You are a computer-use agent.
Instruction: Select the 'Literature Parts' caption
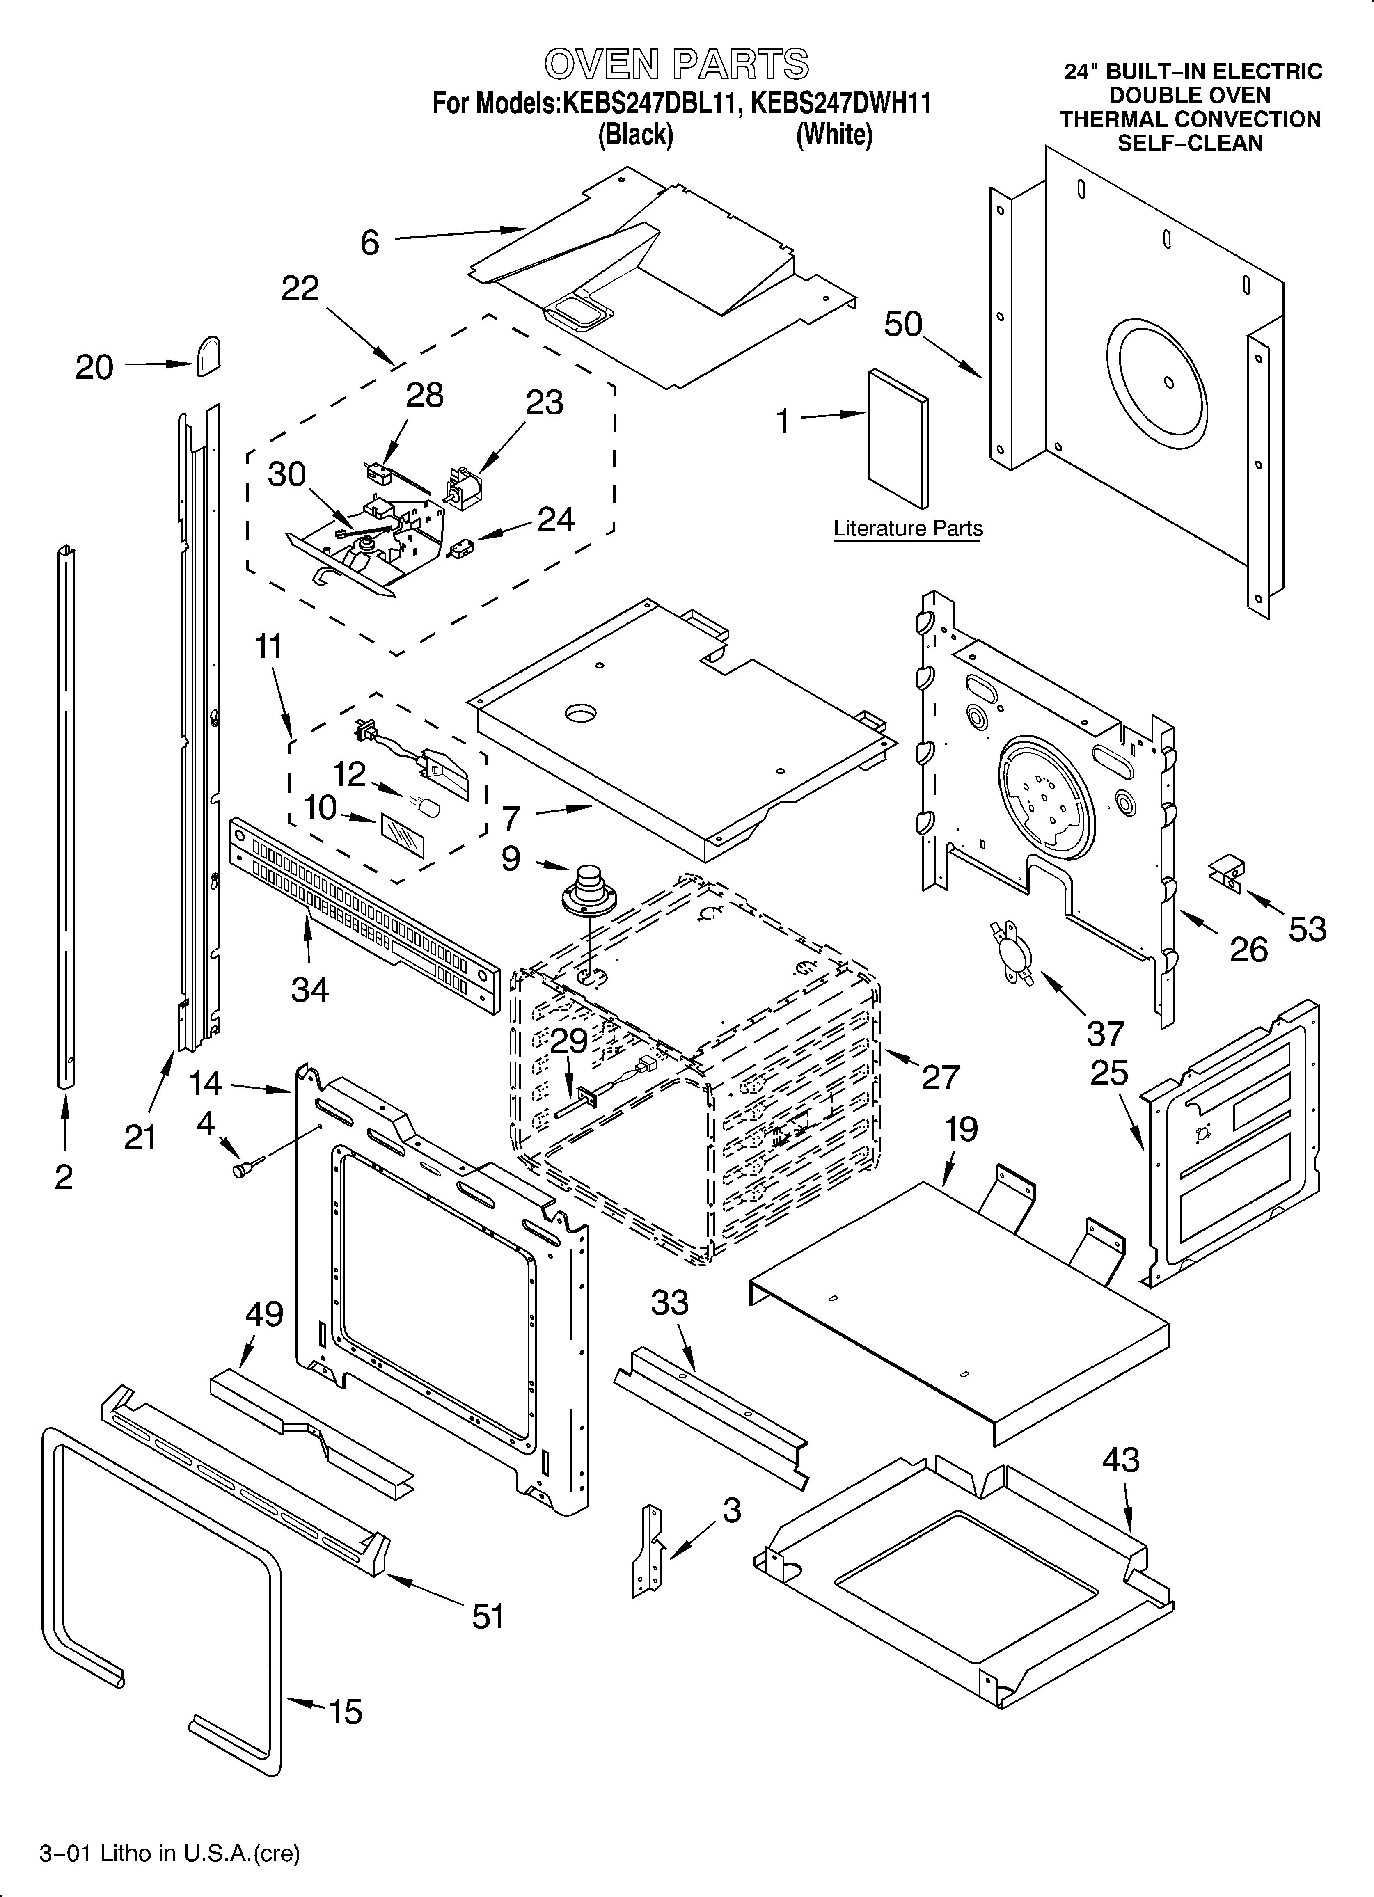point(908,529)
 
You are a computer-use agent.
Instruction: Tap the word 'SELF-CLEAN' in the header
point(1190,143)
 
